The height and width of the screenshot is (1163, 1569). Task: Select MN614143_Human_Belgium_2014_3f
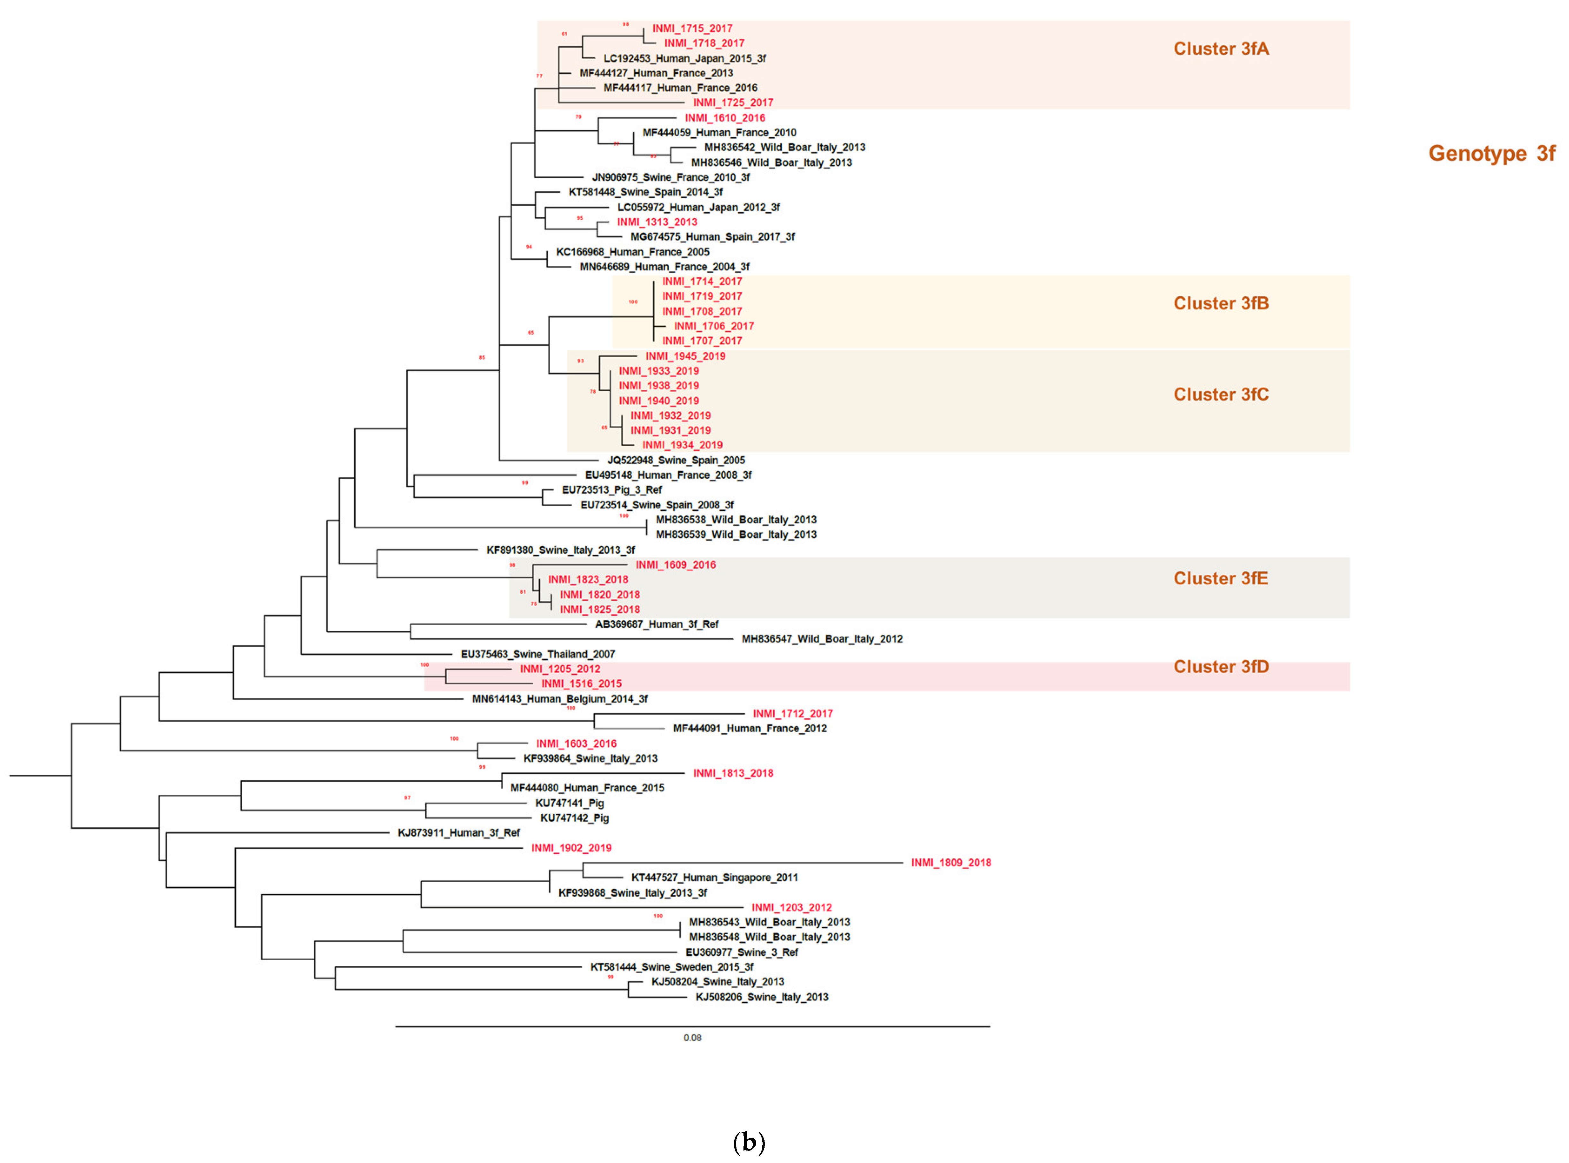560,699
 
